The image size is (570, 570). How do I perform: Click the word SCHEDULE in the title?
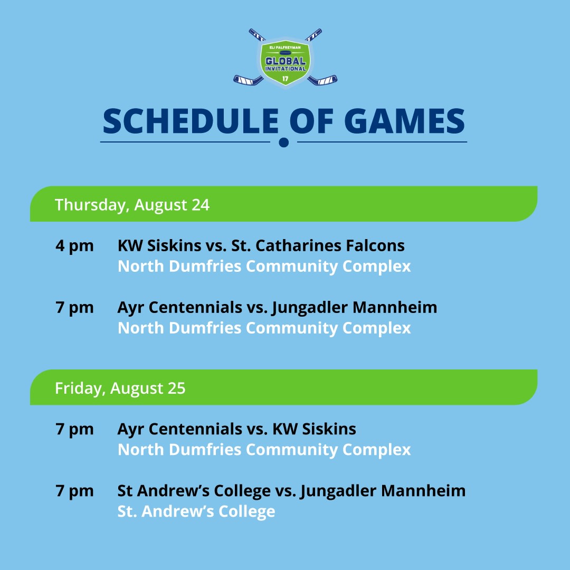(191, 121)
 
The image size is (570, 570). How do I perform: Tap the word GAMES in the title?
(404, 121)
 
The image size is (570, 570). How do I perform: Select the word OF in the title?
(311, 121)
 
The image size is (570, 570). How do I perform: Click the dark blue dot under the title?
(284, 142)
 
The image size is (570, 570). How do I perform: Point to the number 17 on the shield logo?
(286, 79)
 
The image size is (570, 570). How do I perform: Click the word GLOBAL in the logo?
(286, 61)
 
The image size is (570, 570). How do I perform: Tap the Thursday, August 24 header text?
(132, 205)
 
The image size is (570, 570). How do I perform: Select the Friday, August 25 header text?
(120, 388)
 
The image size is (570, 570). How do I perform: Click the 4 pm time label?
(74, 246)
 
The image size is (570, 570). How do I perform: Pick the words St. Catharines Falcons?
(318, 246)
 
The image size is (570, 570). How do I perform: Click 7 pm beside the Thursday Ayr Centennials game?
(74, 308)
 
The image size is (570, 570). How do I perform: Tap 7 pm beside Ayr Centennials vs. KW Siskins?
(74, 429)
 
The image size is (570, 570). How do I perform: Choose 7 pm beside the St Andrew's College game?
(74, 491)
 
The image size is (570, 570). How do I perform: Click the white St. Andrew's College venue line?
(196, 511)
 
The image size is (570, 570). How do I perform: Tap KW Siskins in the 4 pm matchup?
(159, 246)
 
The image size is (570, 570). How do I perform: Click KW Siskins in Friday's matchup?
(315, 429)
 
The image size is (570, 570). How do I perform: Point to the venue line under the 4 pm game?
(264, 267)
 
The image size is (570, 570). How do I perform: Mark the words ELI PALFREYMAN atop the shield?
(286, 47)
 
